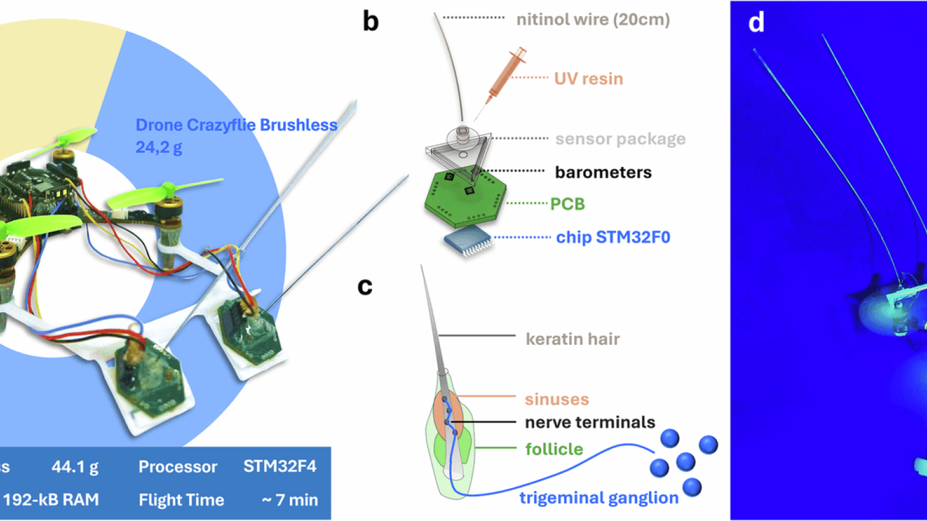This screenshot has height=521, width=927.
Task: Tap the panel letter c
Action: pos(365,286)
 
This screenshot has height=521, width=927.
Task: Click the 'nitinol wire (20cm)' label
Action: pos(593,19)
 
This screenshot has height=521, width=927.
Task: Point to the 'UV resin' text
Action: pos(588,78)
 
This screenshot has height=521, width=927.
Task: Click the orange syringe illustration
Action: pos(501,83)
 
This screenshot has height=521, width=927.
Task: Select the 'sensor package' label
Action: pos(620,139)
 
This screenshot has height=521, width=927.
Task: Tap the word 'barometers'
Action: pos(603,172)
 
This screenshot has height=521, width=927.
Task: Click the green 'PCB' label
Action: pos(567,203)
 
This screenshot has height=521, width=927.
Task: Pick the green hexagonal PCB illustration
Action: pos(465,198)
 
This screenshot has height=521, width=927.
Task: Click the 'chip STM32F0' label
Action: pos(613,237)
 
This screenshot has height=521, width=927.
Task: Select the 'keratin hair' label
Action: pos(573,339)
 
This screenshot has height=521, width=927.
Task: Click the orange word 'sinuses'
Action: pos(557,399)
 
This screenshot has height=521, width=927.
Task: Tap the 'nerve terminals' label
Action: pos(590,422)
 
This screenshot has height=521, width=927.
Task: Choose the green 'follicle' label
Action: pos(554,449)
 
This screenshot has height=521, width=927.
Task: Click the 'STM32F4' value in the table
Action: pos(280,467)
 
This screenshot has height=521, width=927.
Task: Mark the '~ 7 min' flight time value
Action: pos(290,500)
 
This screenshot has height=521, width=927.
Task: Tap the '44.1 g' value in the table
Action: pos(75,467)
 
